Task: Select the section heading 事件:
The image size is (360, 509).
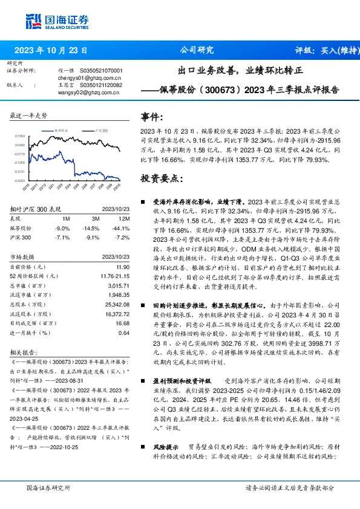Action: (x=152, y=117)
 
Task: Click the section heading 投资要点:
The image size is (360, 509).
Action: (x=162, y=178)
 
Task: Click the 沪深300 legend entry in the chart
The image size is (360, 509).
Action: (x=100, y=130)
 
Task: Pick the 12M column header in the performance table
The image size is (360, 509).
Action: (x=123, y=218)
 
